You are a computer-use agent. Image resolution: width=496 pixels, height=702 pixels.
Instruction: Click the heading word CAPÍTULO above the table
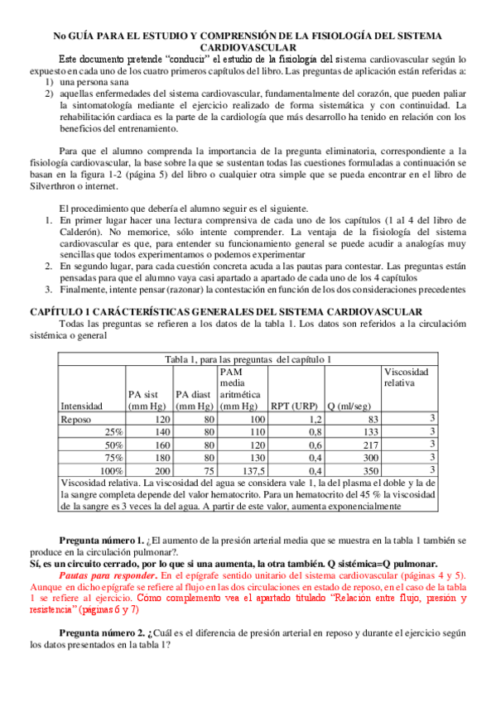(60, 310)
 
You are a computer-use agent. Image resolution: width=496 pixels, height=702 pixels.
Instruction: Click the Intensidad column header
(81, 406)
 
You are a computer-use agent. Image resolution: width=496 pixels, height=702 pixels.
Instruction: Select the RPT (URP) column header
(296, 406)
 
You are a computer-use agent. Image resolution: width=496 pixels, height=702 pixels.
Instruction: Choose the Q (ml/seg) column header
(354, 406)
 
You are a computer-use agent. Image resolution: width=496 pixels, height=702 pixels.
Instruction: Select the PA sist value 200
(161, 469)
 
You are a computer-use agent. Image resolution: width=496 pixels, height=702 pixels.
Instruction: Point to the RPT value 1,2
(315, 420)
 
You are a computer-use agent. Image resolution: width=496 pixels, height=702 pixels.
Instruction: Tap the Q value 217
(369, 445)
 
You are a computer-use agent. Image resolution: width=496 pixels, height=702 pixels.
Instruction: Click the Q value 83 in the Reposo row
(372, 420)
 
